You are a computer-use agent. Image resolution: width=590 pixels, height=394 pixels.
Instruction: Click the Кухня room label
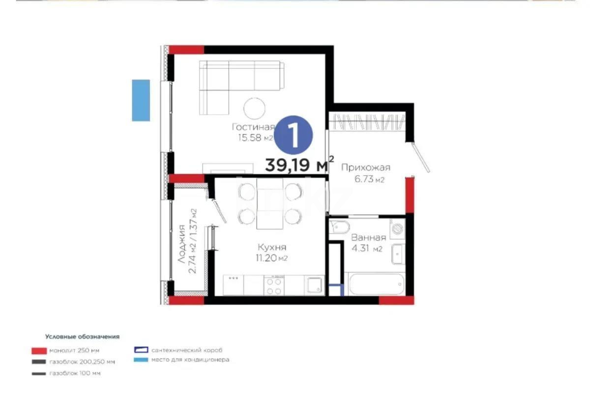271,247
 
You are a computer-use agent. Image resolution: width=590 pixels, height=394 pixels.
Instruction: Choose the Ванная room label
368,238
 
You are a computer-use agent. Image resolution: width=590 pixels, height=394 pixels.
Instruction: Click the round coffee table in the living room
255,107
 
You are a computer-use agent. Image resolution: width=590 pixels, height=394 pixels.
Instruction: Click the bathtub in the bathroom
376,284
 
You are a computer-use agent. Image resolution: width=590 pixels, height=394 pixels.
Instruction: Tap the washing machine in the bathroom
397,229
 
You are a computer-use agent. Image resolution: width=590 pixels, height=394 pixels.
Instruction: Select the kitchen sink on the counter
313,284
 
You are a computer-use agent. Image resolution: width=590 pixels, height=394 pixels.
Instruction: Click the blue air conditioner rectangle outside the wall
141,100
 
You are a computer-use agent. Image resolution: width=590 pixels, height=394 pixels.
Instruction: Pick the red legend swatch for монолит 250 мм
38,351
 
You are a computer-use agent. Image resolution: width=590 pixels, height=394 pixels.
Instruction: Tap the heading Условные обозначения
82,337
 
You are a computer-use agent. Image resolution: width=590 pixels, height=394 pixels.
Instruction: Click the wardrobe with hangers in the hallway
368,122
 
